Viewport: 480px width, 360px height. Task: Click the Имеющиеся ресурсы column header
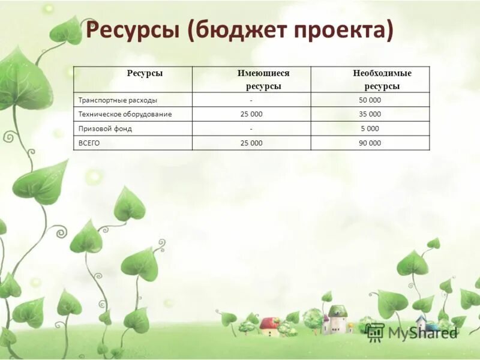(x=263, y=79)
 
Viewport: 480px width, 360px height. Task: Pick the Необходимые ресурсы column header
(x=382, y=79)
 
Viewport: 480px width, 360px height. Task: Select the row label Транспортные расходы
(x=118, y=100)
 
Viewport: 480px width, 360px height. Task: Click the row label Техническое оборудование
(x=125, y=114)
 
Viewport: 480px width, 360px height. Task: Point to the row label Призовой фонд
(x=105, y=128)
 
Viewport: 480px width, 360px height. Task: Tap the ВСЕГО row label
(x=89, y=143)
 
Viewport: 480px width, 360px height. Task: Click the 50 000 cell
(x=370, y=100)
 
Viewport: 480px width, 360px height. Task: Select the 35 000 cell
(x=370, y=114)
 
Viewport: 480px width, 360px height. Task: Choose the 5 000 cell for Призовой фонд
(x=370, y=128)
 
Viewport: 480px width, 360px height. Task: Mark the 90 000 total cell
(x=370, y=143)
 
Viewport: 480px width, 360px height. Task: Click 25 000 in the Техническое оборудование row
(x=251, y=114)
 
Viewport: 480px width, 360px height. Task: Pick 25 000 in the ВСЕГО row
(x=251, y=143)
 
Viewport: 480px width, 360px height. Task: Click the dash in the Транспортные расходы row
(x=251, y=100)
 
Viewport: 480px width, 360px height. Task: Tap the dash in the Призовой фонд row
(x=251, y=128)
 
